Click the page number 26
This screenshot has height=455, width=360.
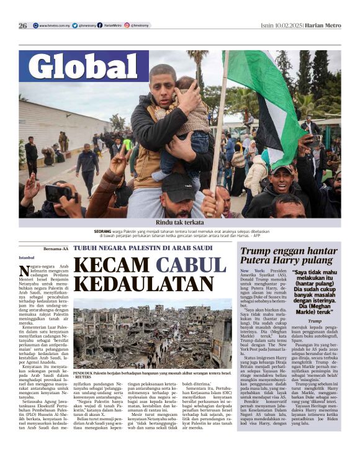(x=23, y=25)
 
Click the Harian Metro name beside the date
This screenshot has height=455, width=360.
(x=324, y=25)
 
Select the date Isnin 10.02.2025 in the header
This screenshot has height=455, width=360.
(x=283, y=25)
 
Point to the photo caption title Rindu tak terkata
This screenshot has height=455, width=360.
(x=179, y=222)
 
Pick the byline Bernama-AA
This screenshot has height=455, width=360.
(x=55, y=248)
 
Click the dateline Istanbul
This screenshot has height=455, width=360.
(x=27, y=258)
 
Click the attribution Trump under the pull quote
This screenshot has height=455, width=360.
(x=315, y=320)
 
